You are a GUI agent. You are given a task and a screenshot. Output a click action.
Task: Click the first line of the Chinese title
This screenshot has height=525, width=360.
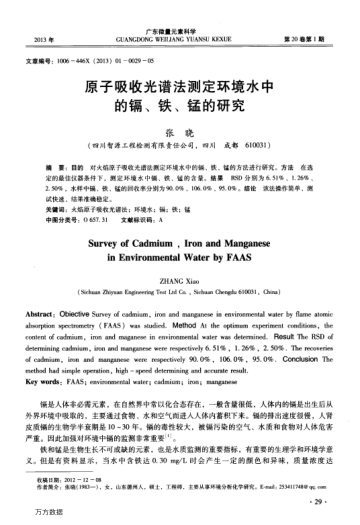[x=179, y=86]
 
